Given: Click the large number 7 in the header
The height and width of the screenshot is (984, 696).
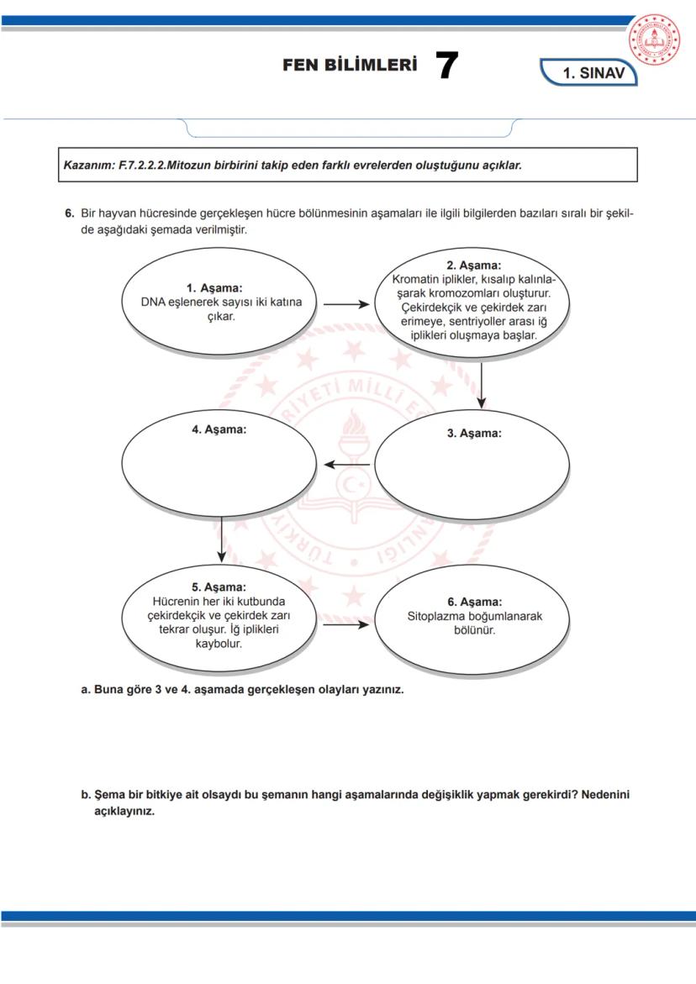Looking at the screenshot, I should [446, 66].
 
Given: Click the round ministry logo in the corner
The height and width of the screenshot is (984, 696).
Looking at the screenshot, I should [660, 41].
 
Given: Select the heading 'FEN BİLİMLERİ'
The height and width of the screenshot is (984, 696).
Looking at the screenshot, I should [350, 66].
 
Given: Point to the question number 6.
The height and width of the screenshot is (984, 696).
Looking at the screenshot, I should [70, 213].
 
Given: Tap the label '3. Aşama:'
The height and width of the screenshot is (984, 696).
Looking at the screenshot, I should [474, 434].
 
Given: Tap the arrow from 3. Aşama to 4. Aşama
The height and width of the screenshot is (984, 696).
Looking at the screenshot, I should [347, 465].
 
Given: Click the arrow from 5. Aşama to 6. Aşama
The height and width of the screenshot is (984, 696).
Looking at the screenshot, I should [345, 625].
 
